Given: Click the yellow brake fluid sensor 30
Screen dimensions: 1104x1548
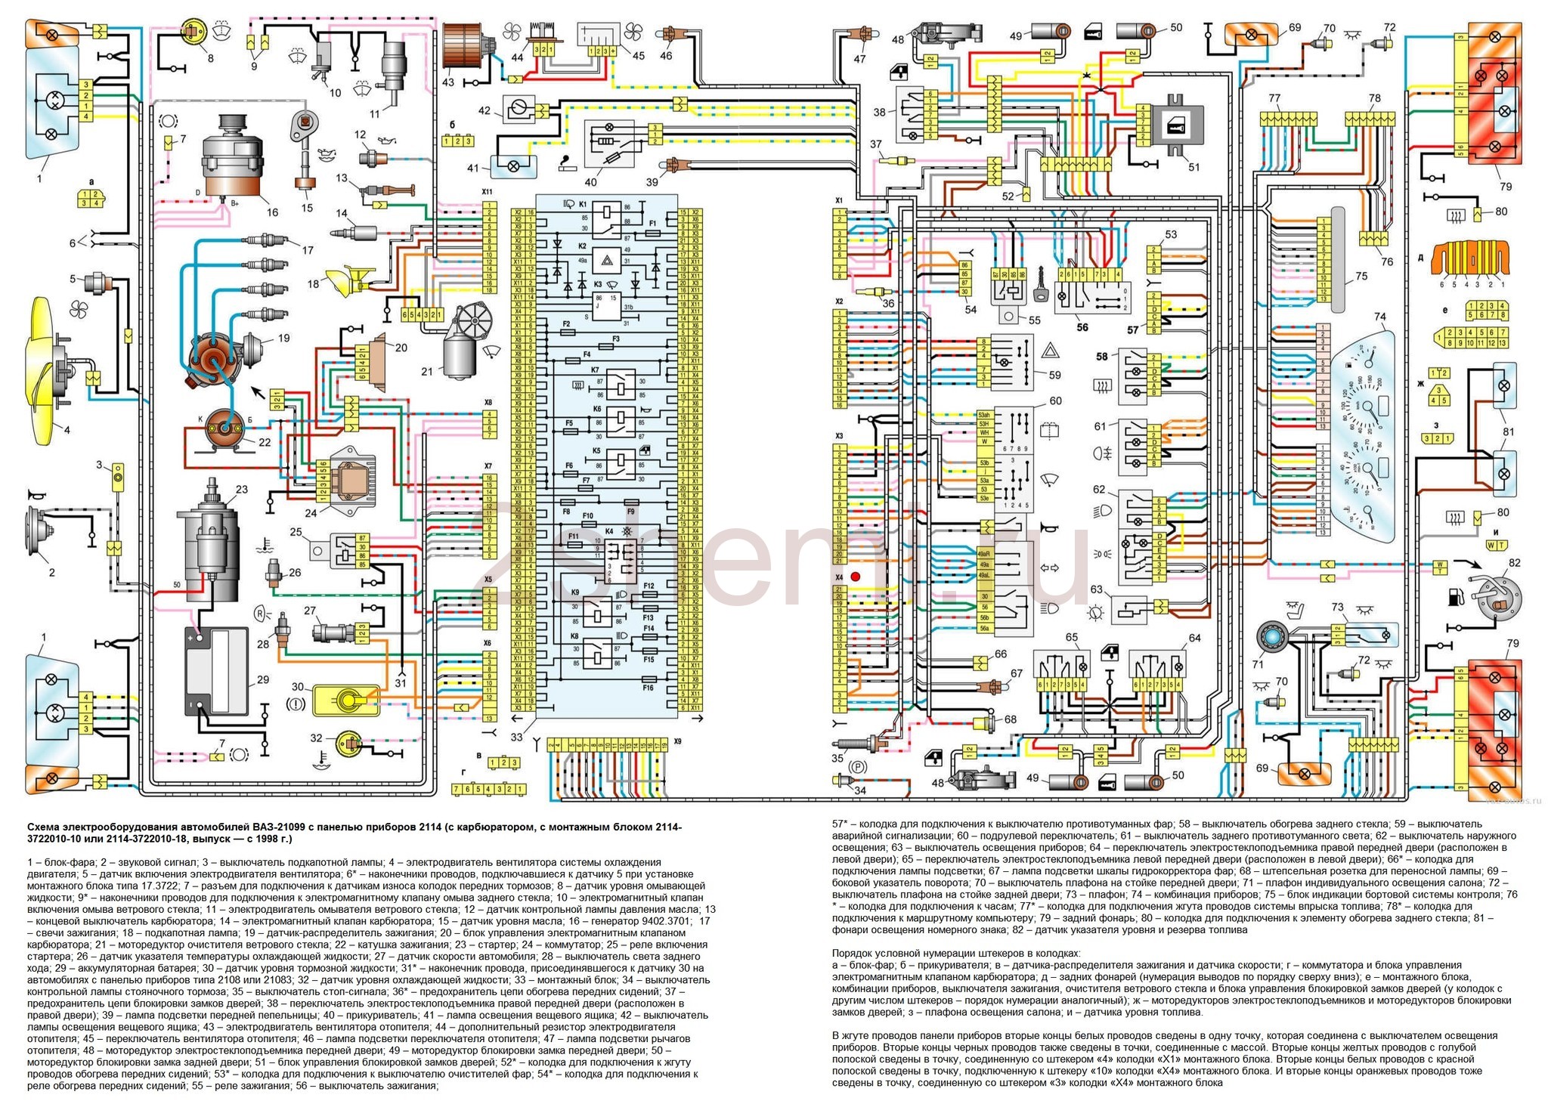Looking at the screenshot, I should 345,699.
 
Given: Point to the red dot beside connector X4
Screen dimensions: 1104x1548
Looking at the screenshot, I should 856,577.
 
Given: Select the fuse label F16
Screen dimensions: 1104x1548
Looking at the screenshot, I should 648,688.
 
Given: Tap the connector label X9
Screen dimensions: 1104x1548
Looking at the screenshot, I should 677,741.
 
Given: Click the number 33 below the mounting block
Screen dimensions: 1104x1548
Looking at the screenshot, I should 516,737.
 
